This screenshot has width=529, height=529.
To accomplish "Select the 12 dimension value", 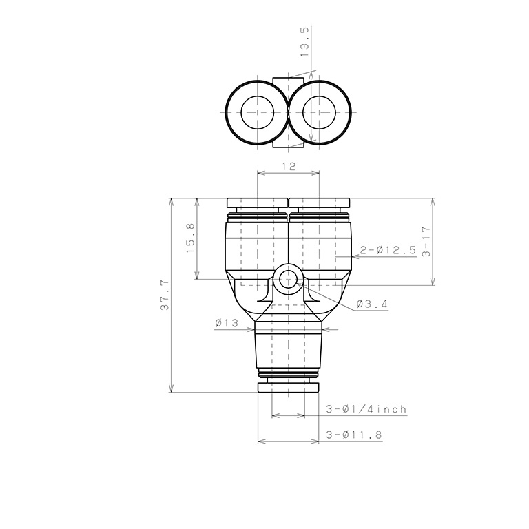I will click(289, 167).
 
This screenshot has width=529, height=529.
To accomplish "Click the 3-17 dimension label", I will click(426, 242).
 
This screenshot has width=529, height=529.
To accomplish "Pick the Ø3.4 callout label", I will click(371, 304).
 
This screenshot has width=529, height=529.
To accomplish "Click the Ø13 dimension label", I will click(227, 323).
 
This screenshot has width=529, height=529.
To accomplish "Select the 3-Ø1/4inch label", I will click(366, 409).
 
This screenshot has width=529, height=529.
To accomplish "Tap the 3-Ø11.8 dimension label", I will click(354, 435).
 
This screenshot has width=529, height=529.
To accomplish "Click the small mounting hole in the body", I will click(287, 279).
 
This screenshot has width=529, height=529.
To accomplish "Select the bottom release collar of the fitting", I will click(288, 388).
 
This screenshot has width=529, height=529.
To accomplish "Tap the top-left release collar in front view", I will click(256, 203).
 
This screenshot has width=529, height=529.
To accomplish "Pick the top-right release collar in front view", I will click(320, 203).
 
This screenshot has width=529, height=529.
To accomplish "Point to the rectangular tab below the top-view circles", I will click(288, 141).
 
